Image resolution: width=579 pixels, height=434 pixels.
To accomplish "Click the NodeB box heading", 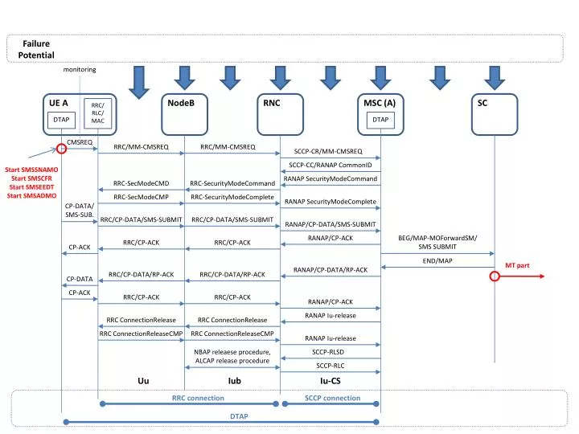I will tap(176, 103).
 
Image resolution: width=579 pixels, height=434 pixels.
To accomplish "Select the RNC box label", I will tap(270, 103).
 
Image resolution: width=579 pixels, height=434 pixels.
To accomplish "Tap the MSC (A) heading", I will tap(380, 103).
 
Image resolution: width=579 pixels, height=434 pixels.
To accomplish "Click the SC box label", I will tap(482, 103).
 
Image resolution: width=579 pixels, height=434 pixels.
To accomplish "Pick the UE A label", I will tap(59, 103).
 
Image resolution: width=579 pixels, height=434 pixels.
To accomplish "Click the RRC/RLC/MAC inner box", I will tap(97, 113).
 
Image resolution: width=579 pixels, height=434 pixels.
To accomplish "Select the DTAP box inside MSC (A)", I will tap(380, 120).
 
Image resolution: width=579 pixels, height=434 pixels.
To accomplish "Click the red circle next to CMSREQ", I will tap(61, 149).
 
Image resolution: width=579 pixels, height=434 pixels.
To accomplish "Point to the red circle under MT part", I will tap(495, 276).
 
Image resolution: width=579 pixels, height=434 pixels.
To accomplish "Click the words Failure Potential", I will tap(38, 49).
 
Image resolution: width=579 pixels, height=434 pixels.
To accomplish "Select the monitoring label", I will tap(80, 69).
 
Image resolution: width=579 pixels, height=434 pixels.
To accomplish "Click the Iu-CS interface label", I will tap(330, 380).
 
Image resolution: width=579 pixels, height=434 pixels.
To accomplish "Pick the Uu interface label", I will tap(143, 380).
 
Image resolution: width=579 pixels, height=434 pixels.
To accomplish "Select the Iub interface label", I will tap(234, 380).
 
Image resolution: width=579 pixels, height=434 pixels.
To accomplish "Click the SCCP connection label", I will tap(333, 398).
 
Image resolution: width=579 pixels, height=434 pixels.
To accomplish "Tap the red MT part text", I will tap(517, 265).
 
